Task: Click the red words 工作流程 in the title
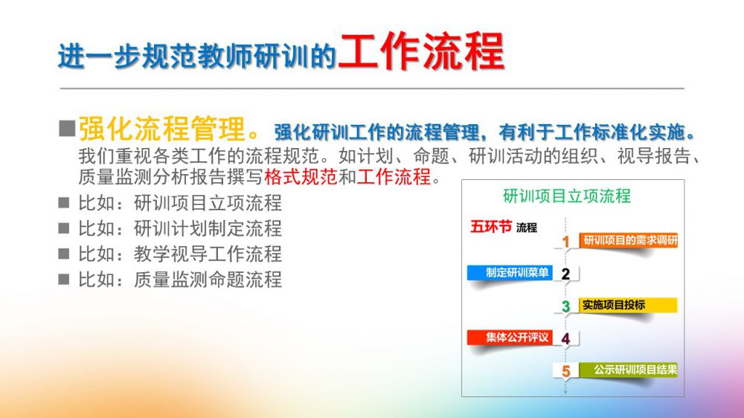421,51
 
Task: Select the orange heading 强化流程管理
161,129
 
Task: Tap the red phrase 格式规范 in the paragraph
301,176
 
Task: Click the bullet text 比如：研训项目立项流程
180,203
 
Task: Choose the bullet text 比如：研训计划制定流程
180,228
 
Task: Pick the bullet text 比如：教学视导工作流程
180,254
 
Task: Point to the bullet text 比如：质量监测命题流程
180,280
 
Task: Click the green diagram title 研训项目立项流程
566,196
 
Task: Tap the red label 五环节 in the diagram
491,227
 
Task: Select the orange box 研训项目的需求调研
628,240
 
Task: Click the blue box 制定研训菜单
510,273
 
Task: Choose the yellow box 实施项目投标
628,305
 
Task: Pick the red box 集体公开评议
510,338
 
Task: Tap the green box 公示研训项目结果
628,370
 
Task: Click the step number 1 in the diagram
565,242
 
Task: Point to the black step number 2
565,274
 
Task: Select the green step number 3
565,306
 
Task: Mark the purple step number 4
565,338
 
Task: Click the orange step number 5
565,371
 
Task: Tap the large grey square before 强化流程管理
68,129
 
